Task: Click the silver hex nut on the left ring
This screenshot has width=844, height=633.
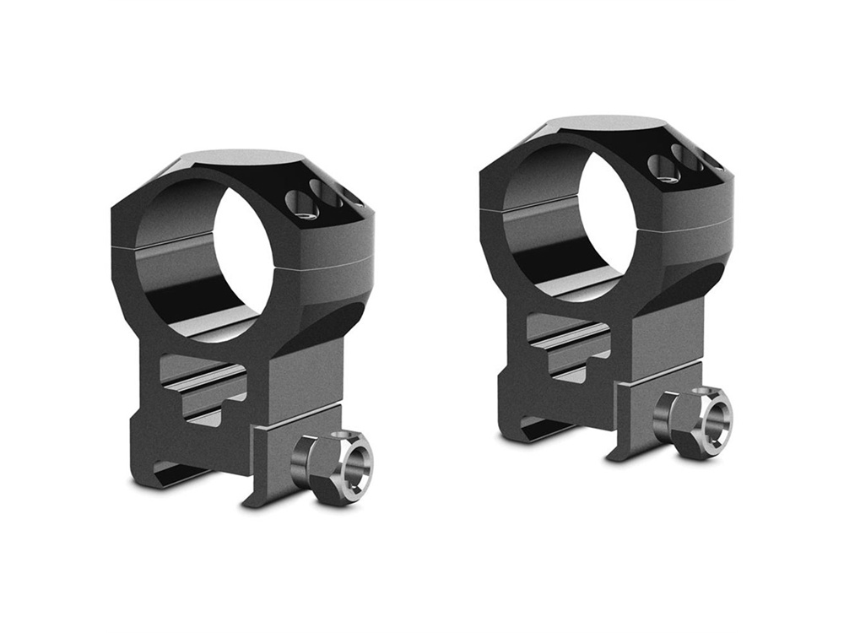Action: coord(333,467)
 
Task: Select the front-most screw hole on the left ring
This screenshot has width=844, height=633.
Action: coord(301,203)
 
